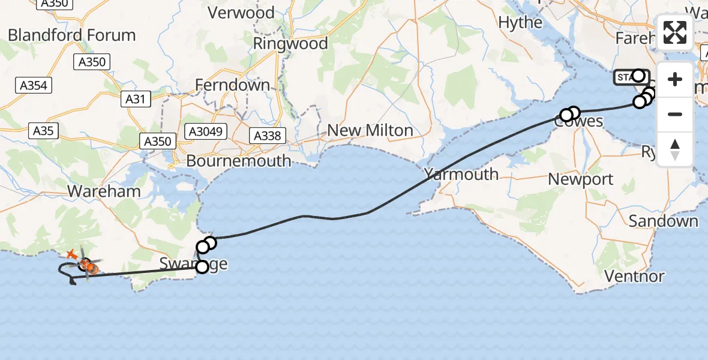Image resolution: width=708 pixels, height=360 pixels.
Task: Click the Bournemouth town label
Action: tap(238, 161)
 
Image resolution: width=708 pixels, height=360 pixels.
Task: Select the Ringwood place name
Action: tap(290, 43)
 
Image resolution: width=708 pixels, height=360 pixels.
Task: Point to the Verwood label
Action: tap(241, 13)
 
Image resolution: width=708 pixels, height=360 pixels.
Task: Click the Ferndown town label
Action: tap(233, 85)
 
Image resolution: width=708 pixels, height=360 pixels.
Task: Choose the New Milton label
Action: tap(370, 130)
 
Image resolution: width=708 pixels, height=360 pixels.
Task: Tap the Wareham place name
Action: tap(104, 191)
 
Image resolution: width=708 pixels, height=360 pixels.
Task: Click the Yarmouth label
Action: tap(461, 175)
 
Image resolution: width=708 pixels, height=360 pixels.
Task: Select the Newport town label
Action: tap(581, 179)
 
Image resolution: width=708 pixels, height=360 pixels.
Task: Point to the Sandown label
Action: tap(664, 221)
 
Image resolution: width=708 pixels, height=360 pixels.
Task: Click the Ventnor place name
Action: tap(635, 277)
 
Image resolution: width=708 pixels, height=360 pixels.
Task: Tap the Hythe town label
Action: tap(520, 23)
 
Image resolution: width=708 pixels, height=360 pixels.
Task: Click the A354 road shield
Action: tap(32, 85)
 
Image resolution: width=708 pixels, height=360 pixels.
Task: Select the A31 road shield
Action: tap(136, 99)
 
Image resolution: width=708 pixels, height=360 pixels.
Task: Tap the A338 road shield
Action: tap(268, 136)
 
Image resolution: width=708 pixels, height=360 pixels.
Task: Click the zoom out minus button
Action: tap(675, 114)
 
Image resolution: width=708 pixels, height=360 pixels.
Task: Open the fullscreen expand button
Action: tap(675, 32)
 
